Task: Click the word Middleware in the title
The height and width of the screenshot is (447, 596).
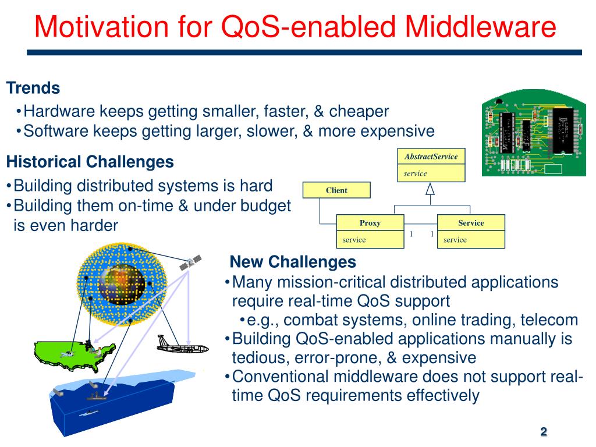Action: click(480, 27)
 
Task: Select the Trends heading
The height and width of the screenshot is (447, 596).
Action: click(33, 88)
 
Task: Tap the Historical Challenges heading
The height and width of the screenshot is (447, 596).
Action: click(90, 162)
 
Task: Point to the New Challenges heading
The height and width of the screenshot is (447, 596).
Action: click(293, 262)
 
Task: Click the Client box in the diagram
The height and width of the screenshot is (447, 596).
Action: click(336, 190)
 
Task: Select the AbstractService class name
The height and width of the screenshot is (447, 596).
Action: click(431, 156)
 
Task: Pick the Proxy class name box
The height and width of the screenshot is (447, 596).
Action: click(370, 223)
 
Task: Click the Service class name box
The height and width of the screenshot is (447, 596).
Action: click(471, 223)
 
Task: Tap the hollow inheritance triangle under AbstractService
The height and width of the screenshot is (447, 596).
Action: click(430, 189)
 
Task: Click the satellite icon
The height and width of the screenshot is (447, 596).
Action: click(190, 262)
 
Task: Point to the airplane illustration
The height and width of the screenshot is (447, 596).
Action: click(182, 345)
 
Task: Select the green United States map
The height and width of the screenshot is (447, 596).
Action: click(74, 356)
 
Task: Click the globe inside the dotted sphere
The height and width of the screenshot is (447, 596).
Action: click(122, 285)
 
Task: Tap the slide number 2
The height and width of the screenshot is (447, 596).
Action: click(544, 431)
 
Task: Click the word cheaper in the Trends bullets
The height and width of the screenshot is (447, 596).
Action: click(359, 111)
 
